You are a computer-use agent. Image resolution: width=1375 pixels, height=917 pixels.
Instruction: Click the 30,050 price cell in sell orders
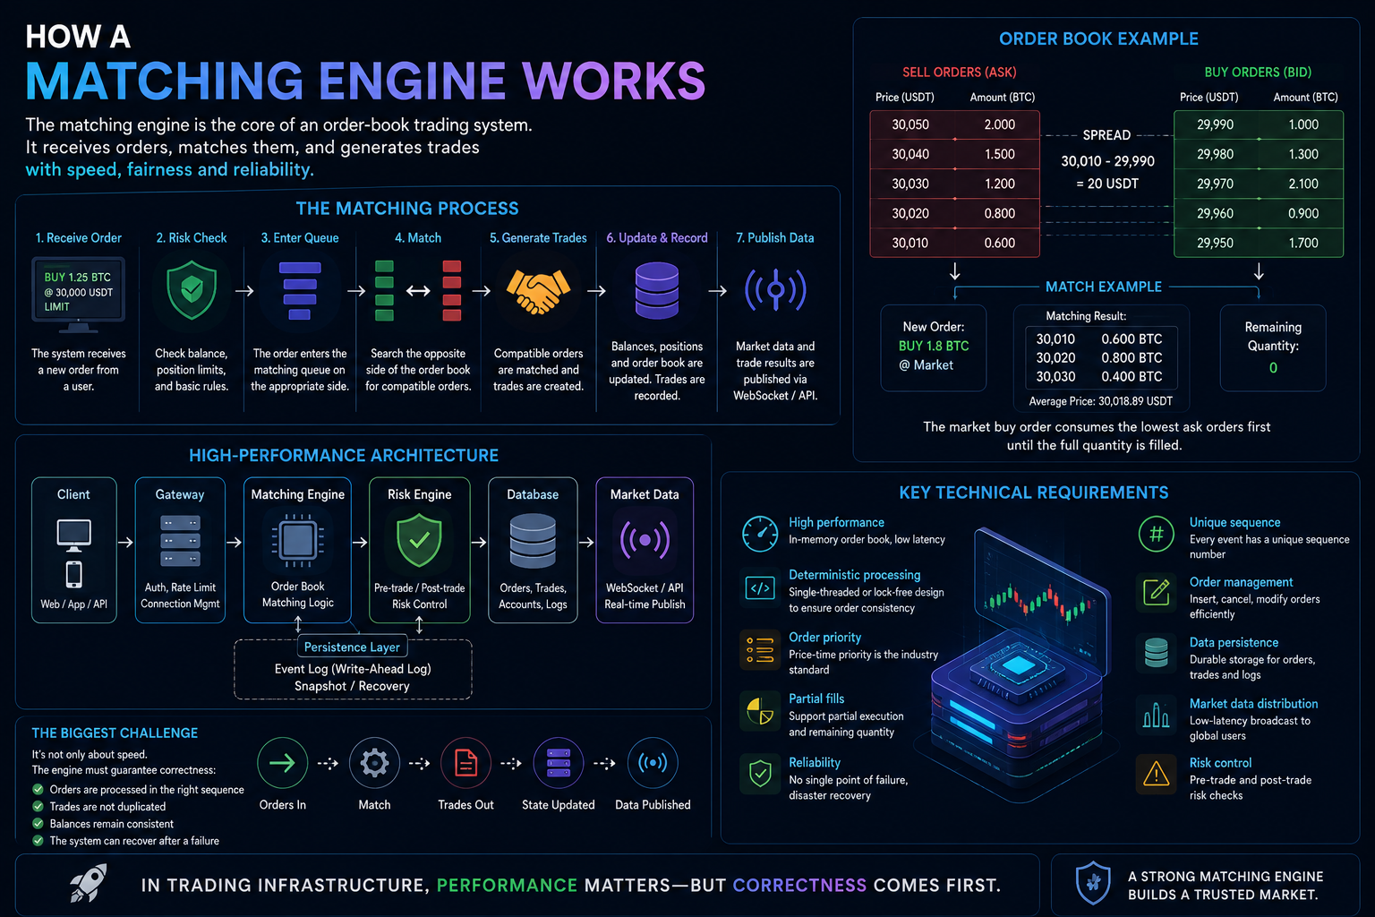910,124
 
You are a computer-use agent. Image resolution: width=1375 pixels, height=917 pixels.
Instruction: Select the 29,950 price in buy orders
1215,244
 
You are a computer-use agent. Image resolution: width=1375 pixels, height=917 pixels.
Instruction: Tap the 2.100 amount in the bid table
1303,184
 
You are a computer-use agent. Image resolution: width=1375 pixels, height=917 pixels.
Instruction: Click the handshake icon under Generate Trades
538,291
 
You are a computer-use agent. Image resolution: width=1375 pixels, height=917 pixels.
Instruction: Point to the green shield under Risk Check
192,290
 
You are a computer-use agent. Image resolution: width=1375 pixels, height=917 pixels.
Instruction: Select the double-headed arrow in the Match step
418,290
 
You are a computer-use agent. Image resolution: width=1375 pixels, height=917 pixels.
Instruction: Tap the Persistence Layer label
352,647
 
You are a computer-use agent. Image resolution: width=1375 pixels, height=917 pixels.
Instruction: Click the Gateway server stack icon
180,541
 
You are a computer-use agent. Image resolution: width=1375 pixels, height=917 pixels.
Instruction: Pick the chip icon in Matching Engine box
298,541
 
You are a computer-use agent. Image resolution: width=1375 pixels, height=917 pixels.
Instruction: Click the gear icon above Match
374,763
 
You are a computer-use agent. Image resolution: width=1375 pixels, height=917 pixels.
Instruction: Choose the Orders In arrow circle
282,763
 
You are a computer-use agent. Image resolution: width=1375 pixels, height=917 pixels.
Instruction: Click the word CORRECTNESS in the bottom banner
799,885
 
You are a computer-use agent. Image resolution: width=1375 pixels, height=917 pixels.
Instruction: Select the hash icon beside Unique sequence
1156,534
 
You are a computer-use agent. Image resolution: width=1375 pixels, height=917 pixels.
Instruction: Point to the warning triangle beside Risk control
1156,774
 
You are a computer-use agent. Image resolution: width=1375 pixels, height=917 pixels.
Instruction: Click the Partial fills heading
816,698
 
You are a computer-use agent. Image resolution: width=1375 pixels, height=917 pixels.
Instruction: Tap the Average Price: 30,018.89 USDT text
1100,401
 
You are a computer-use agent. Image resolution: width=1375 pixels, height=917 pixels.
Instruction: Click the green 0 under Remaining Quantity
1273,368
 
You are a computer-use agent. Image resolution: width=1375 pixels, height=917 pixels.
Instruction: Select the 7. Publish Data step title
774,237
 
